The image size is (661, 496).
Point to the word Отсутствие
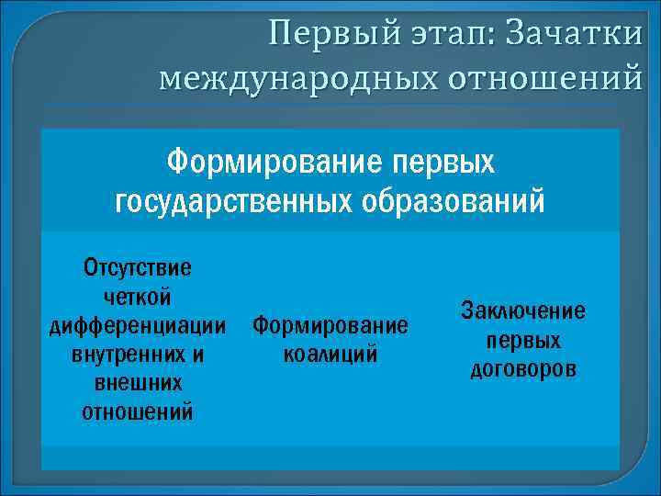tap(138, 268)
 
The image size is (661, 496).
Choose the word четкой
tap(138, 297)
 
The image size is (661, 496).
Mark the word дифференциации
tap(138, 325)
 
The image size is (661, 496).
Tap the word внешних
tap(138, 382)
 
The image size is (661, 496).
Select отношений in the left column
tap(138, 411)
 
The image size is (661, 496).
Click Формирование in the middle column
tap(330, 325)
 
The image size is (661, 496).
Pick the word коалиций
tap(330, 354)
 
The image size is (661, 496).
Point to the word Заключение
tap(523, 310)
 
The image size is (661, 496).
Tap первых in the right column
tap(523, 340)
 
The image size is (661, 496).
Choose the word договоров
tap(523, 368)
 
